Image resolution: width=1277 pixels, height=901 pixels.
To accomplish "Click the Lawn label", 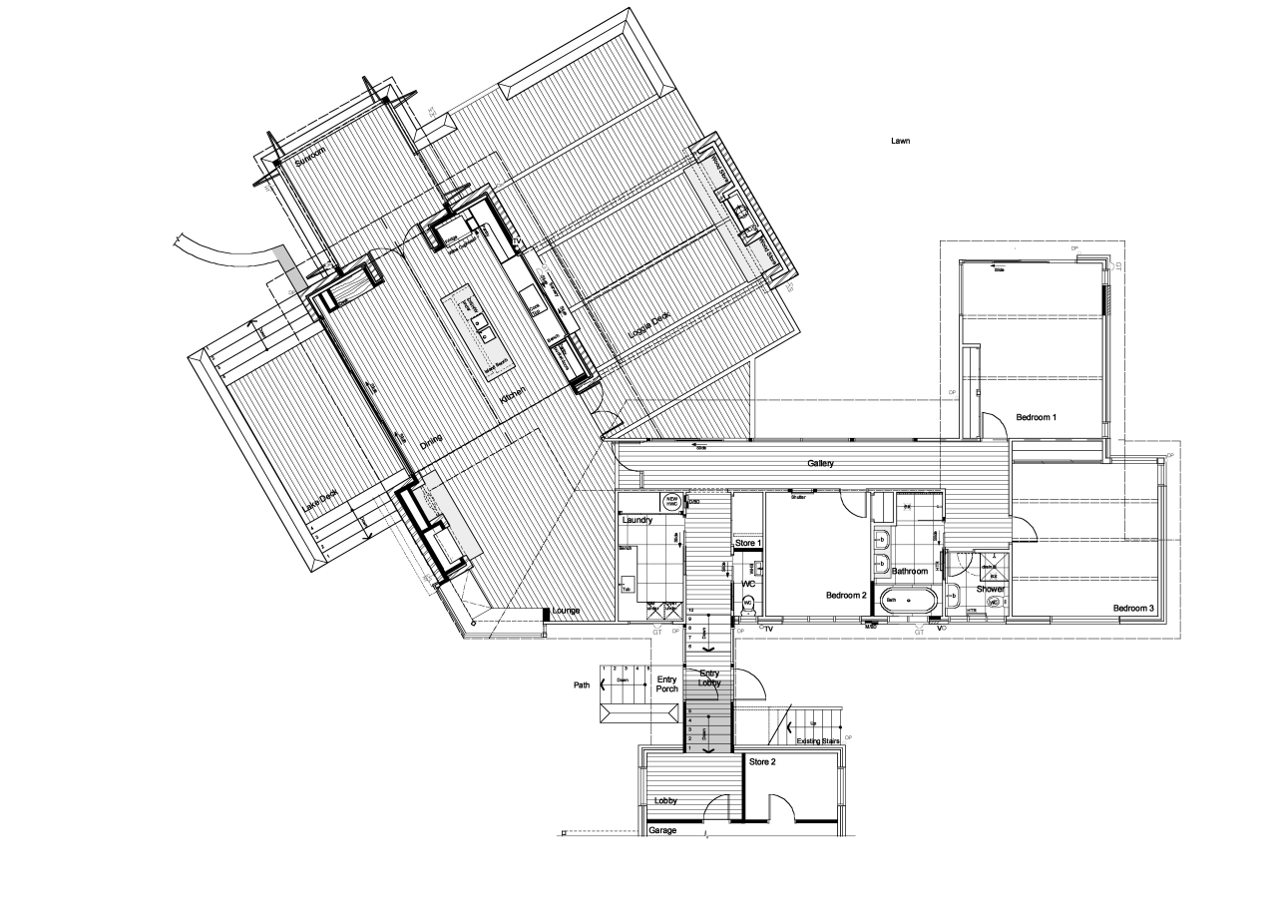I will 900,142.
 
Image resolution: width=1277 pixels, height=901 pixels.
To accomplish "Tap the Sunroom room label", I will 310,164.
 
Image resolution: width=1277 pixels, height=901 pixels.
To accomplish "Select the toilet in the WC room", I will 747,603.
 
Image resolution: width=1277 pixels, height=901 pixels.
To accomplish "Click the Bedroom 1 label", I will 1036,416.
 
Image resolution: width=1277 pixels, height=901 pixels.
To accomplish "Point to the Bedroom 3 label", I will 1133,608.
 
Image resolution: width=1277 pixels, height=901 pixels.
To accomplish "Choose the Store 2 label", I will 762,761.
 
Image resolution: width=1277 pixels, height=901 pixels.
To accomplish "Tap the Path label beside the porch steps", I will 582,685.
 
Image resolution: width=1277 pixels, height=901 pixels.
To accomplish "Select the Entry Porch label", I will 666,684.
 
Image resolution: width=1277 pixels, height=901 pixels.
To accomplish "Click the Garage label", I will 662,830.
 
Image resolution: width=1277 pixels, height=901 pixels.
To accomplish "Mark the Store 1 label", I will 748,543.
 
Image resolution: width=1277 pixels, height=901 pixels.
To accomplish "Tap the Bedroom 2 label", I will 846,596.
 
